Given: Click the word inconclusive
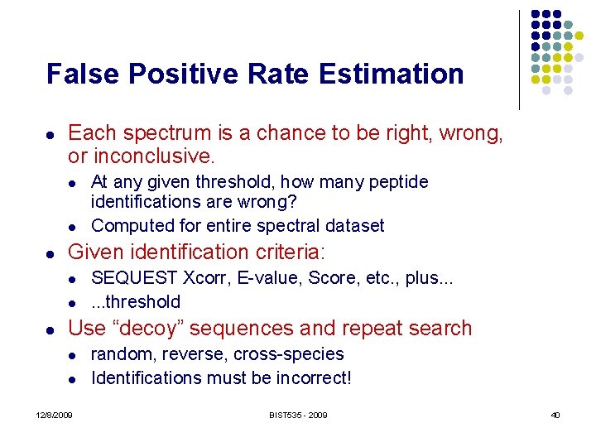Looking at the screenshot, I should [153, 156].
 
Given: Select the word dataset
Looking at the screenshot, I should [355, 225].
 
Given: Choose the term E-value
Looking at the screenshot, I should [267, 278].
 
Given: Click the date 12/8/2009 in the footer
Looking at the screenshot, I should [54, 415].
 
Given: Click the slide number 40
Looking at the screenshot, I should [555, 415].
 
